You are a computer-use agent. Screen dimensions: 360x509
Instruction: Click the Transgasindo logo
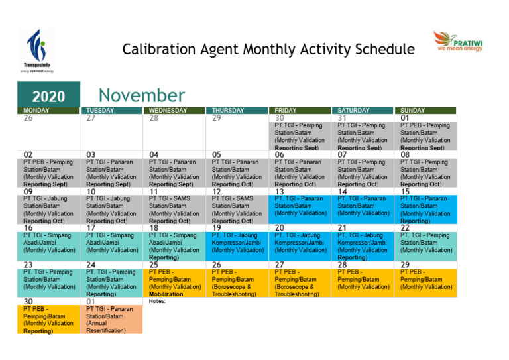pyautogui.click(x=37, y=50)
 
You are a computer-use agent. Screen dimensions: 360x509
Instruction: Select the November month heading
pyautogui.click(x=142, y=95)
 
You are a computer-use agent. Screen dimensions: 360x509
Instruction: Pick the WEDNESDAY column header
pyautogui.click(x=168, y=111)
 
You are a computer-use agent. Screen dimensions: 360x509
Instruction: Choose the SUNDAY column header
pyautogui.click(x=412, y=111)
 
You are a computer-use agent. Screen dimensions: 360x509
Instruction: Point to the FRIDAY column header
pyautogui.click(x=286, y=111)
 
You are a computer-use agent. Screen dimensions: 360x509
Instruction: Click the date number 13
pyautogui.click(x=280, y=192)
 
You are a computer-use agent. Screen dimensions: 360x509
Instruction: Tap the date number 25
pyautogui.click(x=154, y=265)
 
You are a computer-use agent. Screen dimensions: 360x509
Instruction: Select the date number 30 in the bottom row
pyautogui.click(x=28, y=301)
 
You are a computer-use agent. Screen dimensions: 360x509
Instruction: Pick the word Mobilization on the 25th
pyautogui.click(x=166, y=294)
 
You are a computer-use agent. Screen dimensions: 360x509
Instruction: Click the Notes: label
pyautogui.click(x=157, y=301)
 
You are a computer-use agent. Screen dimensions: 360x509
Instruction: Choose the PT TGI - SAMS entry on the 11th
pyautogui.click(x=173, y=206)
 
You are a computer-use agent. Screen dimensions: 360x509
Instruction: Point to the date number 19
pyautogui.click(x=217, y=228)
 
